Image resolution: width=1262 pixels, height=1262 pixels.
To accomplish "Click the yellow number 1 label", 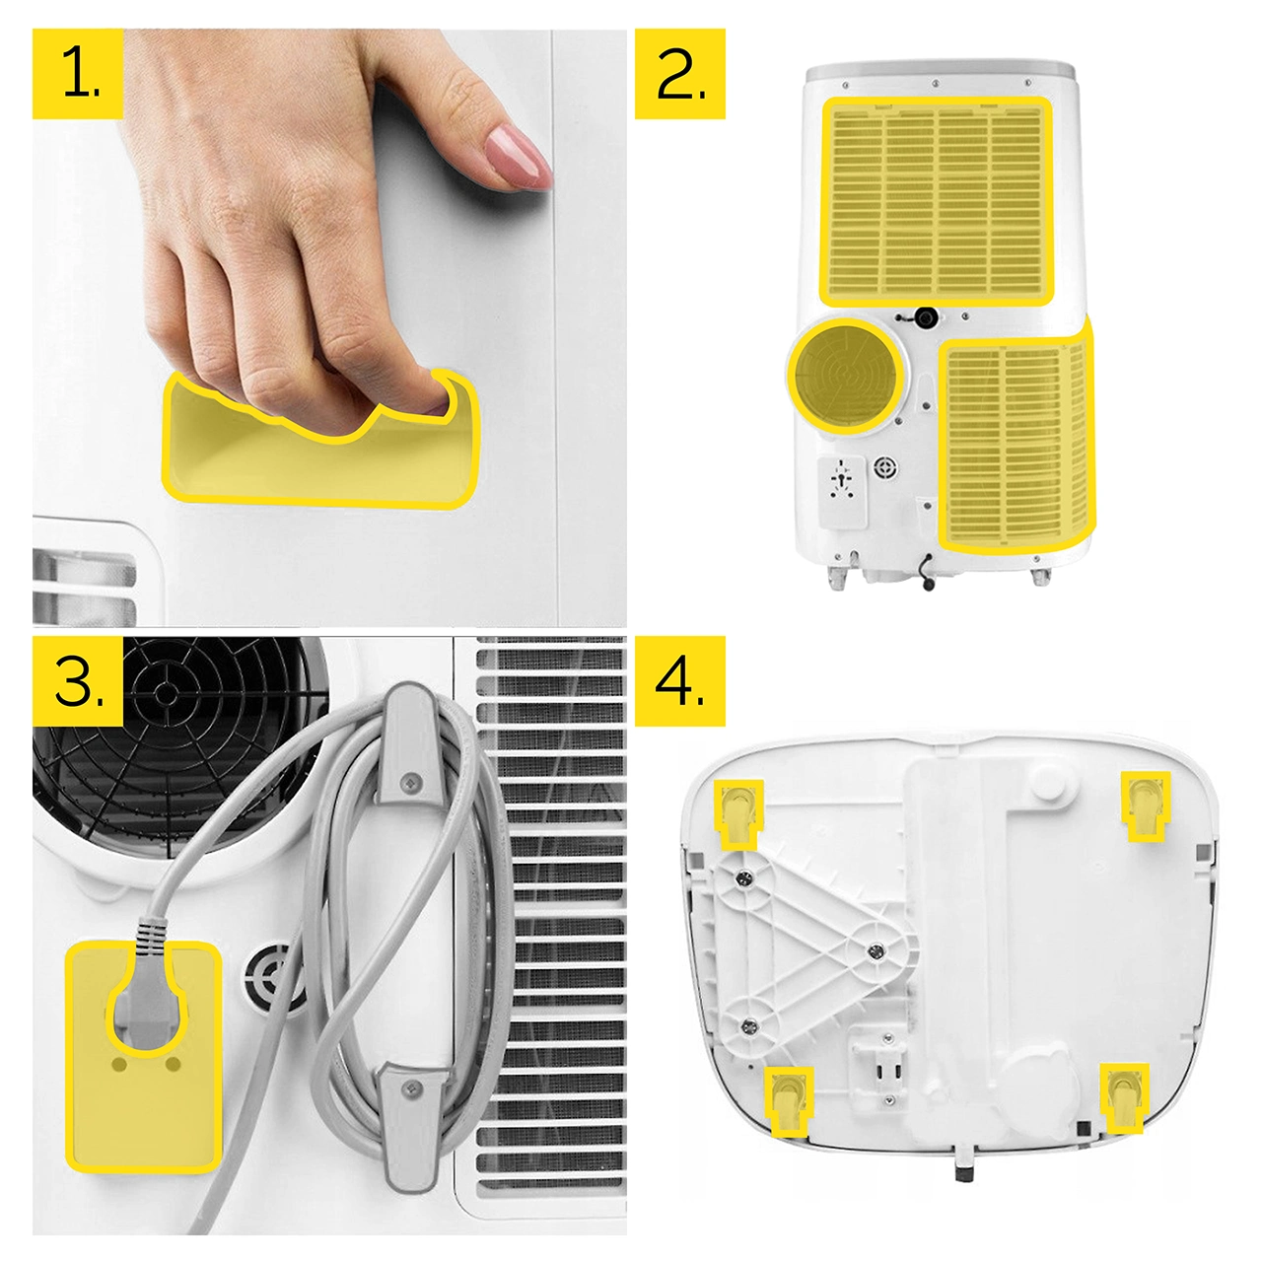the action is pos(78,74).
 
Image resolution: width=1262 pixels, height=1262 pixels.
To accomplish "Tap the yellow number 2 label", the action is pos(679,74).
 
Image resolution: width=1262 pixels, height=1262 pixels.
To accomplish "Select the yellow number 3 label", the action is pos(78,681).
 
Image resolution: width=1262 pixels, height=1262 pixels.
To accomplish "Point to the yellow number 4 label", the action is pos(679,681).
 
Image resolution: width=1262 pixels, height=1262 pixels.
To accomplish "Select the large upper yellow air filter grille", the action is pos(938,202).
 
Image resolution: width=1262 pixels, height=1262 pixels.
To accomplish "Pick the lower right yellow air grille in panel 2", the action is pos(1016,441).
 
